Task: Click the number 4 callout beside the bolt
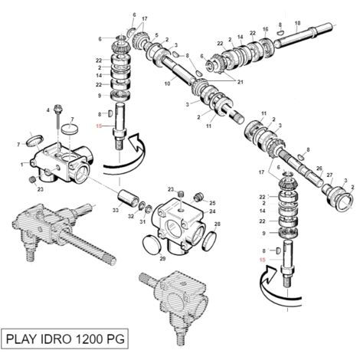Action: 47,110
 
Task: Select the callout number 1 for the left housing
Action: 22,165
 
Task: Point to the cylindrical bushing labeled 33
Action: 129,197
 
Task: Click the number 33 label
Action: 116,211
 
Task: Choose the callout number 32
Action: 131,216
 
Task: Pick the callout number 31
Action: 142,222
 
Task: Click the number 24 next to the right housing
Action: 212,211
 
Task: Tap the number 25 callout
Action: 212,203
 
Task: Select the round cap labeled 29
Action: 152,245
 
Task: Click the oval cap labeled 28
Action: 209,241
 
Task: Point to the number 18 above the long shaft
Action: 297,23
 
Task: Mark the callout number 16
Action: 266,29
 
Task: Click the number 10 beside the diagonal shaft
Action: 167,83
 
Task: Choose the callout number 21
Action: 241,82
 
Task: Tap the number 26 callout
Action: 319,169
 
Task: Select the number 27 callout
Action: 329,175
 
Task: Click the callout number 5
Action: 156,35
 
